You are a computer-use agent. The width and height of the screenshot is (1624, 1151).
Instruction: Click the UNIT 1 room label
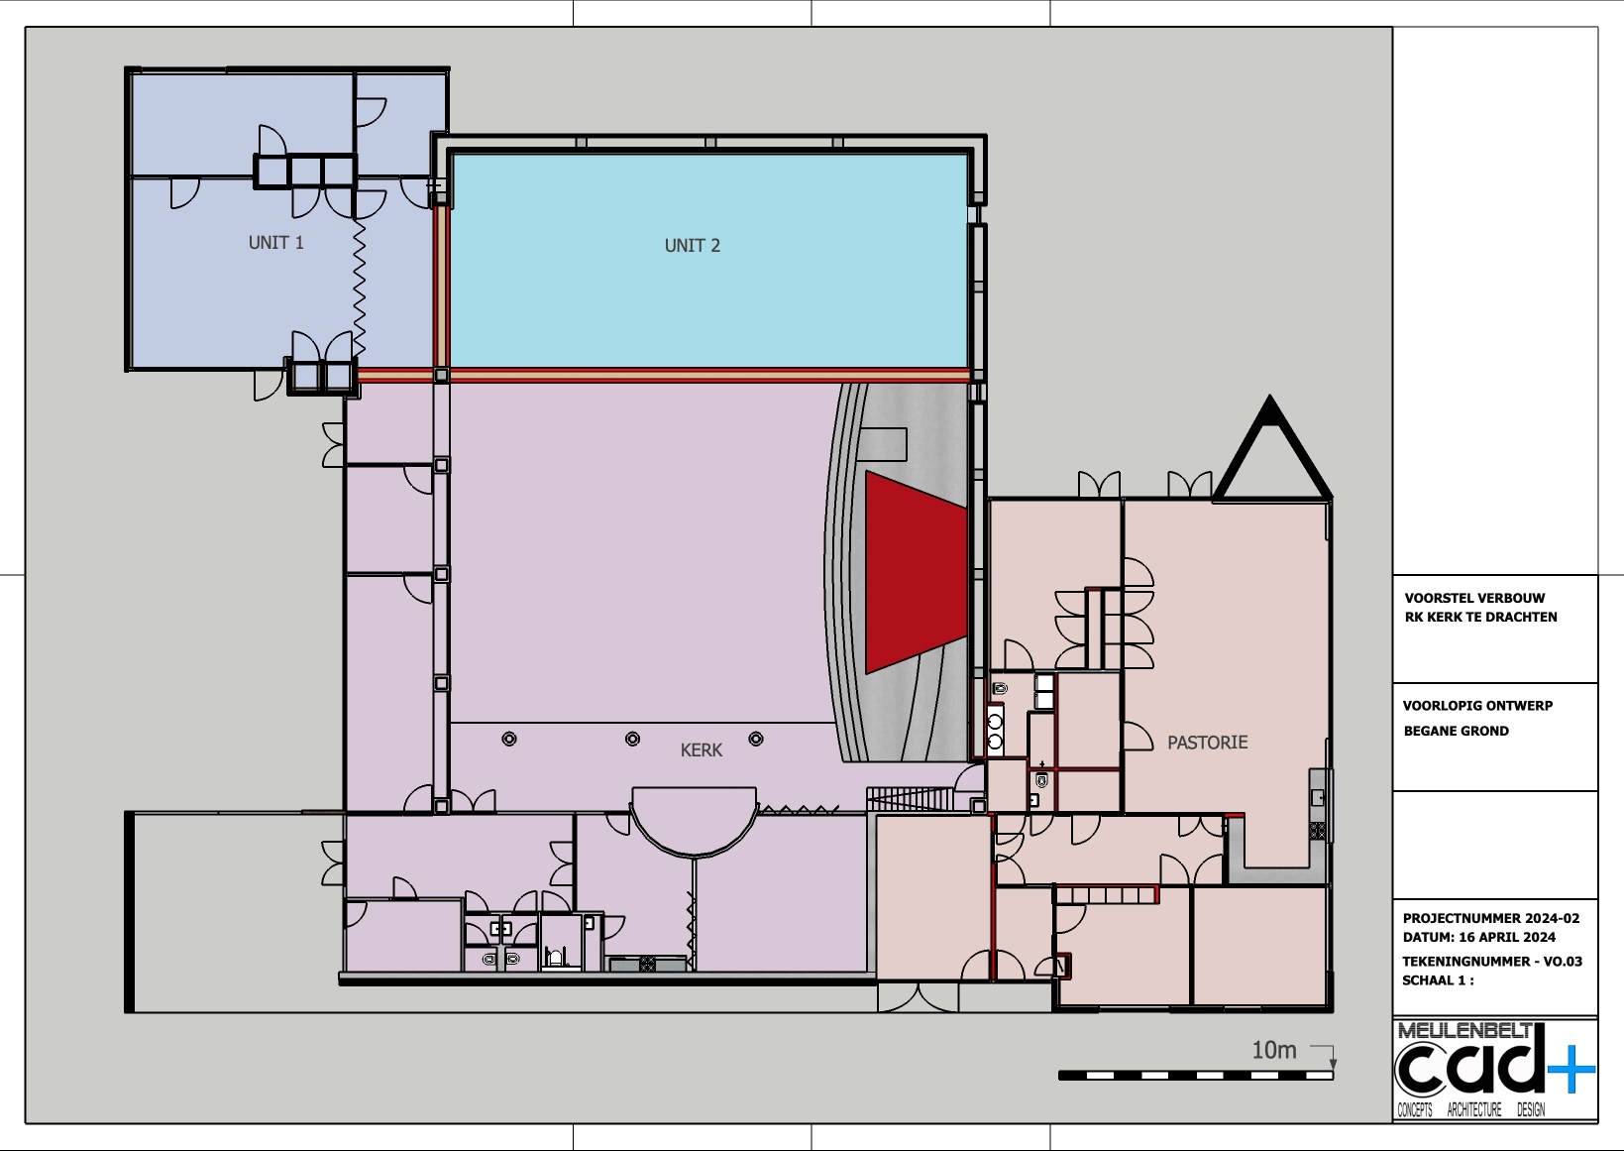pyautogui.click(x=275, y=242)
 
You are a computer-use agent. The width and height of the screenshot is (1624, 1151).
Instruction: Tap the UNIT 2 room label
pyautogui.click(x=693, y=245)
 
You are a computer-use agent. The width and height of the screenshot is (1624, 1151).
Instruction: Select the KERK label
pyautogui.click(x=702, y=749)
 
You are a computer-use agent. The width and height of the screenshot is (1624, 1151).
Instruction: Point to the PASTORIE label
pyautogui.click(x=1207, y=742)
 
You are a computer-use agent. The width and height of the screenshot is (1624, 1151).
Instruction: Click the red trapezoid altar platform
pyautogui.click(x=917, y=572)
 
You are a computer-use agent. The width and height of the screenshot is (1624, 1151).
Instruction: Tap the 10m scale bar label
pyautogui.click(x=1274, y=1050)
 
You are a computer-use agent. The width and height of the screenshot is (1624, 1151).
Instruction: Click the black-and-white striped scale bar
pyautogui.click(x=1196, y=1075)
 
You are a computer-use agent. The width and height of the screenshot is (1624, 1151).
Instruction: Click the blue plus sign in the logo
pyautogui.click(x=1571, y=1069)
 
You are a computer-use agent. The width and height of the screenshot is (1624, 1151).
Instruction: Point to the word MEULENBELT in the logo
pyautogui.click(x=1464, y=1031)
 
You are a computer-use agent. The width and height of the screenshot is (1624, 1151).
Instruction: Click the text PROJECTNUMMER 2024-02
pyautogui.click(x=1490, y=918)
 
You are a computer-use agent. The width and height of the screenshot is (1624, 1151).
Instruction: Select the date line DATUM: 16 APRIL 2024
pyautogui.click(x=1479, y=937)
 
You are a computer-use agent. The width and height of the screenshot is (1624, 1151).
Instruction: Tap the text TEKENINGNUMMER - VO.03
pyautogui.click(x=1492, y=962)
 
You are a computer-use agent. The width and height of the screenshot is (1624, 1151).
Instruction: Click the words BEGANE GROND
pyautogui.click(x=1456, y=731)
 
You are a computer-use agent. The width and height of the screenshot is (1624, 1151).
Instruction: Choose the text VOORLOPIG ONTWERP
pyautogui.click(x=1477, y=706)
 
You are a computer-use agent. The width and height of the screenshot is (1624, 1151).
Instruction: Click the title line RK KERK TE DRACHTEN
pyautogui.click(x=1480, y=618)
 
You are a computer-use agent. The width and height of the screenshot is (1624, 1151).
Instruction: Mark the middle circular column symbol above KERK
pyautogui.click(x=632, y=739)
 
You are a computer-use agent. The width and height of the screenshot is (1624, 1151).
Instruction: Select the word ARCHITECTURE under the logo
pyautogui.click(x=1474, y=1110)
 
